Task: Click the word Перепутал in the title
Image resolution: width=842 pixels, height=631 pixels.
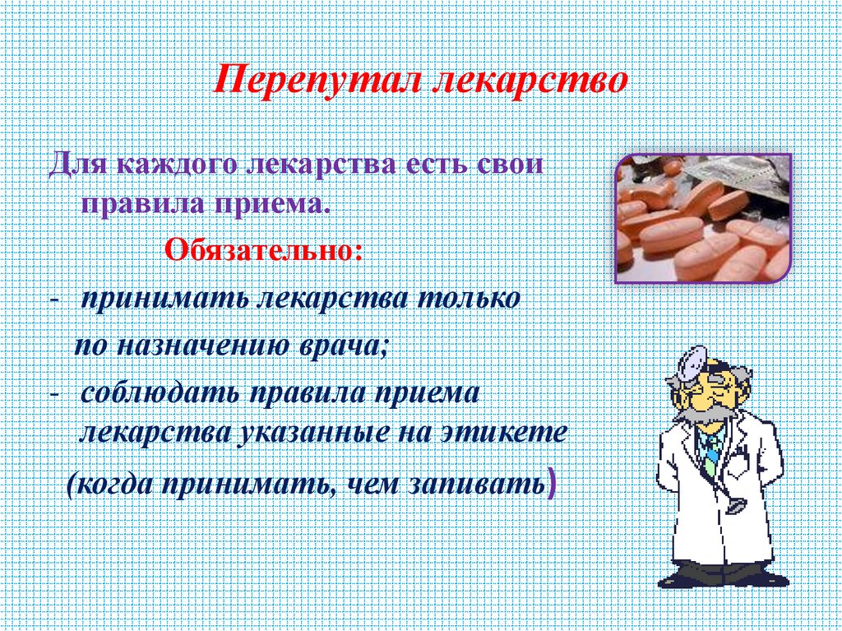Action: (x=316, y=82)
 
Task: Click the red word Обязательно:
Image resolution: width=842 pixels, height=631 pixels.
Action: (x=263, y=248)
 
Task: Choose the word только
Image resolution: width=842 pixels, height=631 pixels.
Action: (x=470, y=298)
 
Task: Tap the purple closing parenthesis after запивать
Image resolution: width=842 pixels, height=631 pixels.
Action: (x=551, y=483)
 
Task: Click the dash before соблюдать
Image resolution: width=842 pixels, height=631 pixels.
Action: (x=53, y=392)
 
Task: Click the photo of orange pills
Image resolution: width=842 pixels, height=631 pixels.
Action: (x=703, y=218)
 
